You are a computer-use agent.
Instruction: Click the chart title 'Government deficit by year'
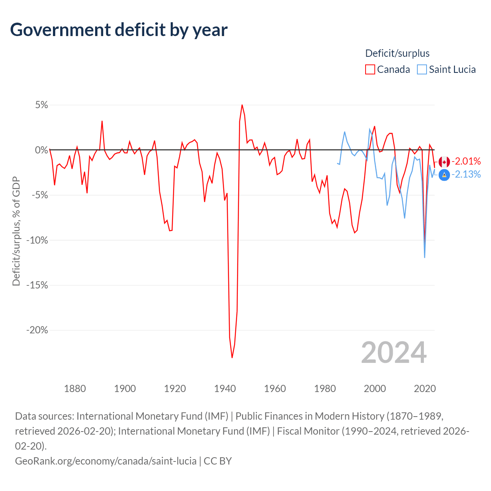coord(119,30)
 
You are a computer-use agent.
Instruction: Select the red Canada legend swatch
coord(370,69)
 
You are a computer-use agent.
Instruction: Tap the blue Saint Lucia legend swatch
coord(422,69)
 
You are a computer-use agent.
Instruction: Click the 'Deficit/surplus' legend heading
coord(397,53)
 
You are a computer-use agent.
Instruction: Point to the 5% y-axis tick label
coord(41,105)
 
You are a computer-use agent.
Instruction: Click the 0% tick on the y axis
coord(41,150)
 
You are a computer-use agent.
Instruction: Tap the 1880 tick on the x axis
coord(75,389)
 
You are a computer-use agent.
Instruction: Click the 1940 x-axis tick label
coord(225,389)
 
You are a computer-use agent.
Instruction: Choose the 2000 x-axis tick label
coord(375,389)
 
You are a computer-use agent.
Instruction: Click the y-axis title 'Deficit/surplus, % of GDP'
coord(16,231)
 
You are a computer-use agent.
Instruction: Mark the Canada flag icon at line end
coord(444,161)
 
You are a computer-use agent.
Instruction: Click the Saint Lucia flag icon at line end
coord(444,175)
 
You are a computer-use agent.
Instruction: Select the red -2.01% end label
coord(466,161)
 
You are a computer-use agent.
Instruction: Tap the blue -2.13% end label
coord(466,175)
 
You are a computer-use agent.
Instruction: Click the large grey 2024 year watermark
coord(394,353)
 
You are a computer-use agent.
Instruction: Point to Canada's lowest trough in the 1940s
coord(232,358)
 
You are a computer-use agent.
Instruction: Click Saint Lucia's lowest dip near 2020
coord(425,257)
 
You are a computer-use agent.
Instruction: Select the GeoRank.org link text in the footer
coord(105,461)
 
